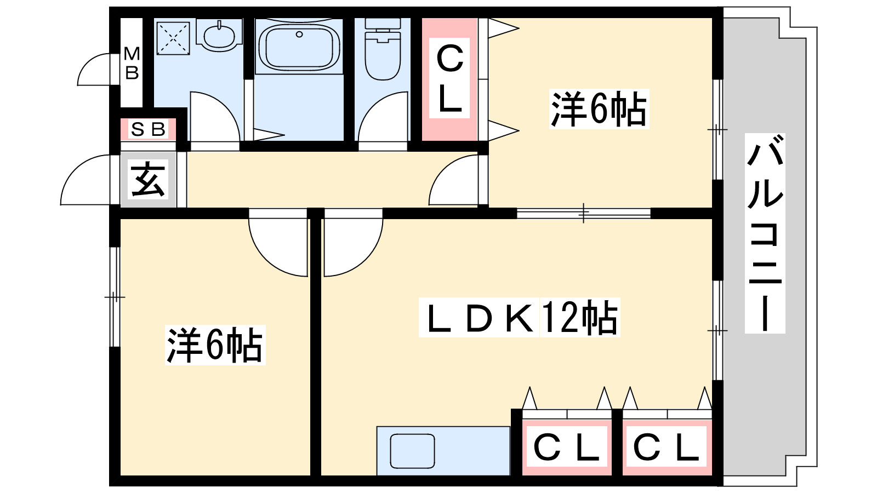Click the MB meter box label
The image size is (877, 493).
pos(132,63)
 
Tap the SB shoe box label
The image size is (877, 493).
pos(148,129)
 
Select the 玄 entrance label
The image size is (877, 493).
pos(148,180)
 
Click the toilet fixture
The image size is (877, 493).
pos(383,49)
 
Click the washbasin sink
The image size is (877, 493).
pos(219,35)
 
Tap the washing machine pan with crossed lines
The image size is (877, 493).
pos(173,38)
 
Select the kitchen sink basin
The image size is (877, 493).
pos(412,451)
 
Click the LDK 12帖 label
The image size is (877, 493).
pos(519,317)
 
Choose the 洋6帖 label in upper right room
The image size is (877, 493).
pos(599,109)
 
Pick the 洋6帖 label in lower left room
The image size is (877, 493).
pos(215,345)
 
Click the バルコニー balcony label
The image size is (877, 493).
pos(765,233)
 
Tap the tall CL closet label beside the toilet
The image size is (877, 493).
pos(449,78)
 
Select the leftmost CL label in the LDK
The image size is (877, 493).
pos(567,447)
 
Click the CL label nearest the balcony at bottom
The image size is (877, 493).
pos(667,447)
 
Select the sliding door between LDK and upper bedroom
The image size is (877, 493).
pos(583,213)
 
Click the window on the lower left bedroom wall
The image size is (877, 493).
pos(115,297)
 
